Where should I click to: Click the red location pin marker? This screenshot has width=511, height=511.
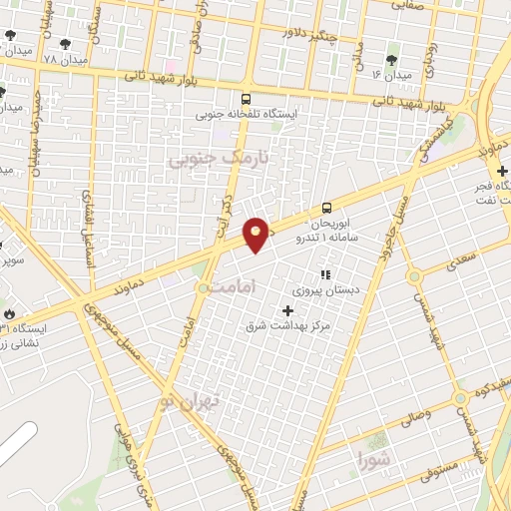coord(255,235)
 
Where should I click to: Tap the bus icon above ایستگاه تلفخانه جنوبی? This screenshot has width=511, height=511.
coord(246,99)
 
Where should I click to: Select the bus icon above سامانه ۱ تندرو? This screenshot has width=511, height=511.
coord(327,208)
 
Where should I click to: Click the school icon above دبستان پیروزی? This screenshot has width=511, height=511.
coord(323,274)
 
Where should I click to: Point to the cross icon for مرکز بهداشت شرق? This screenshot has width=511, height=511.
coord(288,310)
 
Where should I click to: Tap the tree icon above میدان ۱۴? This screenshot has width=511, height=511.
coord(391,61)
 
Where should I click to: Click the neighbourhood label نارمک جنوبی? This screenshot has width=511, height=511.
coord(205,159)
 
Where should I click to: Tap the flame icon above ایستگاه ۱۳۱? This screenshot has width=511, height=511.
coord(9,313)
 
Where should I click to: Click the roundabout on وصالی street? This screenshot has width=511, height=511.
coord(460,397)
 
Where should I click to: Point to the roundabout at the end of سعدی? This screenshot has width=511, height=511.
coord(412,275)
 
